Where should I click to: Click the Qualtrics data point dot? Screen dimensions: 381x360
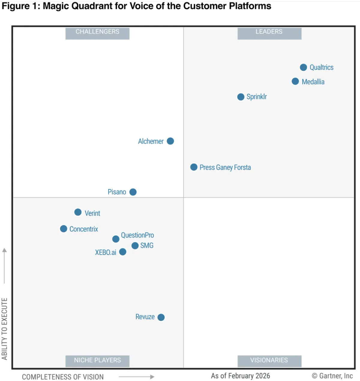coord(303,67)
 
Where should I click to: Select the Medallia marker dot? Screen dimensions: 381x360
coord(295,81)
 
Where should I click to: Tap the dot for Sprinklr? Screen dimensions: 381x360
coord(241,97)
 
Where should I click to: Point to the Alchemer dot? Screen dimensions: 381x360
coord(170,141)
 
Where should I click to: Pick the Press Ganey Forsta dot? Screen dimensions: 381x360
coord(194,167)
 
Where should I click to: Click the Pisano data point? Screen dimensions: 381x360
coord(133,192)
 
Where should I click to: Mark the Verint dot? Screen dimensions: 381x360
coord(78,212)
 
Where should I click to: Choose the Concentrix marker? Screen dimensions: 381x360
coord(64,229)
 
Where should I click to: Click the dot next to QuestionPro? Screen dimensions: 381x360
coord(116,239)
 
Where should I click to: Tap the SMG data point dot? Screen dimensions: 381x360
coord(135,246)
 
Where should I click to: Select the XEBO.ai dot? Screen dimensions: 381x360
coord(123,252)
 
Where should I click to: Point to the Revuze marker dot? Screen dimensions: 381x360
coord(161,317)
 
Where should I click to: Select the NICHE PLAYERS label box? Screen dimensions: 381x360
coord(97,360)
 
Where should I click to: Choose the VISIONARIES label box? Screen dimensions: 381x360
coord(269,360)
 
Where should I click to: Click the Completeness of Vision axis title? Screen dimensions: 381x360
coord(63,377)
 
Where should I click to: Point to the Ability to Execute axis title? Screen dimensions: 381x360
coord(4,329)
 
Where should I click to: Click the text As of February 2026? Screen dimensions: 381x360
coord(240,376)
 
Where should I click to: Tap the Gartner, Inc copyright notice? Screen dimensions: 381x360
coord(332,376)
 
